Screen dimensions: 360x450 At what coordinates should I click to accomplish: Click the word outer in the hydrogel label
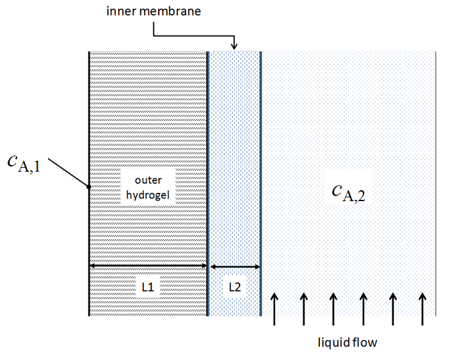point(147,182)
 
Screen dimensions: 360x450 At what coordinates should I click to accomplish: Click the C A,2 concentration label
point(348,190)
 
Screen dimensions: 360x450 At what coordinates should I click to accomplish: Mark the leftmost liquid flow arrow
point(273,309)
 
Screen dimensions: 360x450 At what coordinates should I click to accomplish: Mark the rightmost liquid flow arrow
point(422,309)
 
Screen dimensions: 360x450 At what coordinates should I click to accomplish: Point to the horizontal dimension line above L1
point(148,264)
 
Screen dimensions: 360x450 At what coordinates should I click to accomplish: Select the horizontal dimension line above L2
point(235,264)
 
